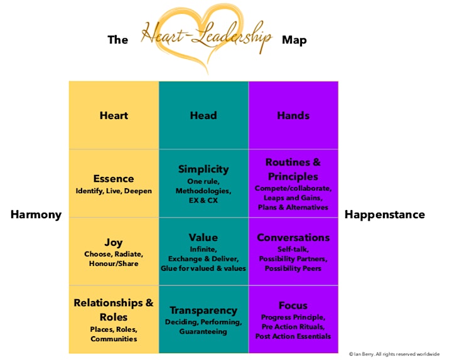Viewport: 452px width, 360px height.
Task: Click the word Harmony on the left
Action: (36, 215)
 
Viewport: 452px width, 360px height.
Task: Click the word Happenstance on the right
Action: (385, 214)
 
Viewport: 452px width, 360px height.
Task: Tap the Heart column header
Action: (114, 115)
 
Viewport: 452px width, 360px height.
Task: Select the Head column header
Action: (203, 115)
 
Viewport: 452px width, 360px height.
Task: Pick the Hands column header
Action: (293, 115)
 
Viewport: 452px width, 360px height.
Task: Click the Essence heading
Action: (114, 179)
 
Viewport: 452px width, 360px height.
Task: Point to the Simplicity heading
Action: (203, 169)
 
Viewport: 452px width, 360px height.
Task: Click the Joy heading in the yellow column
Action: (114, 243)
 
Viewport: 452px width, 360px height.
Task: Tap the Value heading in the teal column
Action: (203, 237)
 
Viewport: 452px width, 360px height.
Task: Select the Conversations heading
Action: (293, 237)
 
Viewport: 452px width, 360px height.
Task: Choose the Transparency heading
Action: (203, 310)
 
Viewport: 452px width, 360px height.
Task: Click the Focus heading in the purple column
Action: (293, 305)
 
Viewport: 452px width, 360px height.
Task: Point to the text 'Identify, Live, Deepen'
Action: (114, 191)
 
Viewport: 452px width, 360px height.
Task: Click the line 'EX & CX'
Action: (203, 200)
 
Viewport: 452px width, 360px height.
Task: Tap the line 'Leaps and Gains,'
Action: (293, 198)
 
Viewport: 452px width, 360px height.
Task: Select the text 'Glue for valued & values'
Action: (203, 268)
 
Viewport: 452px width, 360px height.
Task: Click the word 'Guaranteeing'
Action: (203, 332)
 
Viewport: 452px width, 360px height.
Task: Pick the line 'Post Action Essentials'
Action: (293, 336)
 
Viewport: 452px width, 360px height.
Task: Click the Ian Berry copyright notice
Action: (394, 354)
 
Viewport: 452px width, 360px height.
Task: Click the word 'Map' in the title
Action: (294, 40)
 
